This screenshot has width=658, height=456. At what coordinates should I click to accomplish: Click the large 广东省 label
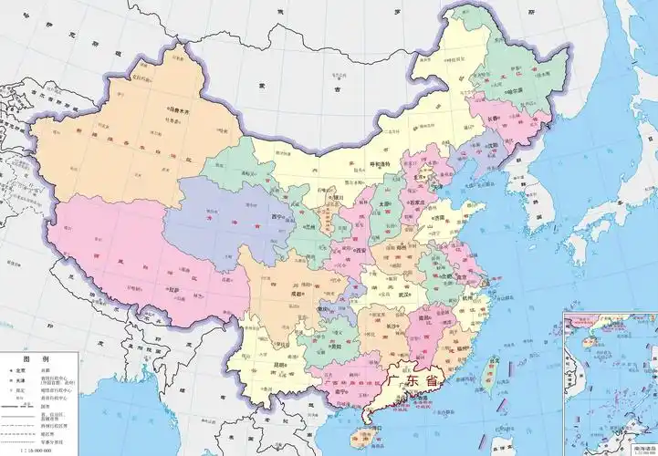click(413, 378)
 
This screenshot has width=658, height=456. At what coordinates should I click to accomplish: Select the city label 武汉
click(401, 293)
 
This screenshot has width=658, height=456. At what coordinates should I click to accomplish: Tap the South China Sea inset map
click(610, 383)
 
